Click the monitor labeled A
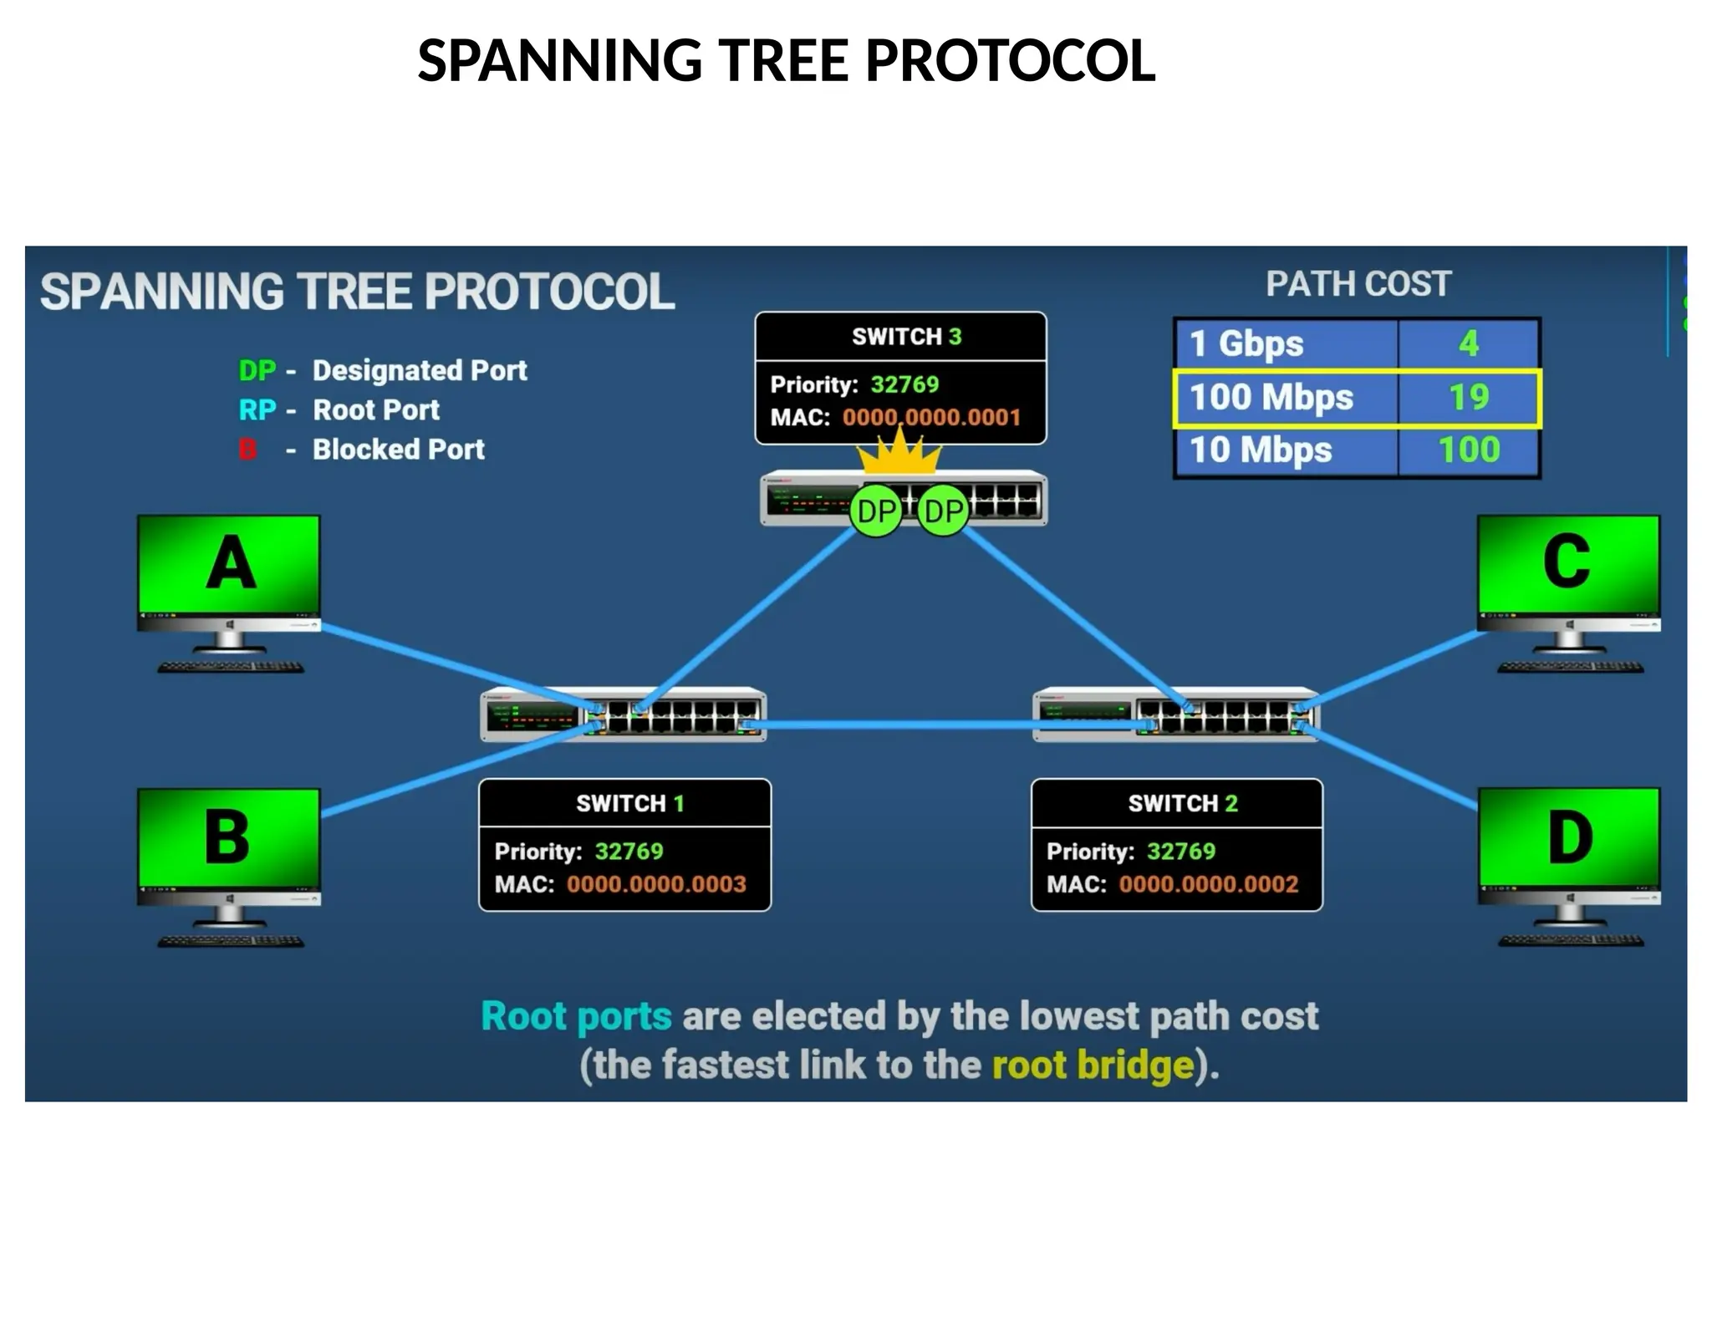click(x=228, y=564)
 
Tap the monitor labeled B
click(x=228, y=837)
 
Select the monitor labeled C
click(x=1567, y=564)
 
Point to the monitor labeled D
click(x=1569, y=837)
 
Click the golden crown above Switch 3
click(x=899, y=455)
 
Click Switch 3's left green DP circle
click(x=875, y=511)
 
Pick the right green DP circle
click(x=944, y=511)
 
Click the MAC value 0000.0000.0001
click(x=931, y=418)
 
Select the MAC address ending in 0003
click(x=656, y=884)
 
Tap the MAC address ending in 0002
click(x=1209, y=884)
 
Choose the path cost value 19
click(x=1469, y=398)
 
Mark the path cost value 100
click(x=1469, y=450)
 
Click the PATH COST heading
click(x=1358, y=284)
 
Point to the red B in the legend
click(x=247, y=450)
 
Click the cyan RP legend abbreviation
click(x=257, y=410)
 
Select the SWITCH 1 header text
click(x=629, y=804)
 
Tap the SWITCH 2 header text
click(x=1182, y=804)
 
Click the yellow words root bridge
click(x=1092, y=1065)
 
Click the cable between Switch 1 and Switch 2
click(x=899, y=725)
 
